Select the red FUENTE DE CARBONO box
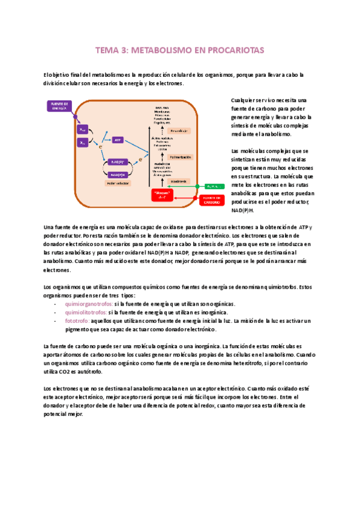(211, 200)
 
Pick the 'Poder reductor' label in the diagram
(118, 184)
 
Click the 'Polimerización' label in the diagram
(180, 156)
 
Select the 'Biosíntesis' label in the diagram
(178, 181)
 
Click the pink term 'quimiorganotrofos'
(89, 304)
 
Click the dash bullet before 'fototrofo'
(56, 321)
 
